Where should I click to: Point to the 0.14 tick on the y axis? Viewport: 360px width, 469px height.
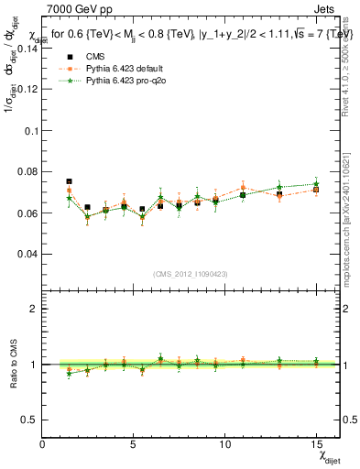coord(27,49)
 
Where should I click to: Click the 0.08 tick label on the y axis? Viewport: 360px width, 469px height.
coord(27,172)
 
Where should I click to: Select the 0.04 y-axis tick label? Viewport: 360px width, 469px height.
coord(27,254)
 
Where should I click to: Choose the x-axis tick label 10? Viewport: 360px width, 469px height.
coord(224,443)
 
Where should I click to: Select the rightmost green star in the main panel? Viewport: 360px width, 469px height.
coord(316,184)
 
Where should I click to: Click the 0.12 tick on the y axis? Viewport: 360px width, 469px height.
coord(27,91)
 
